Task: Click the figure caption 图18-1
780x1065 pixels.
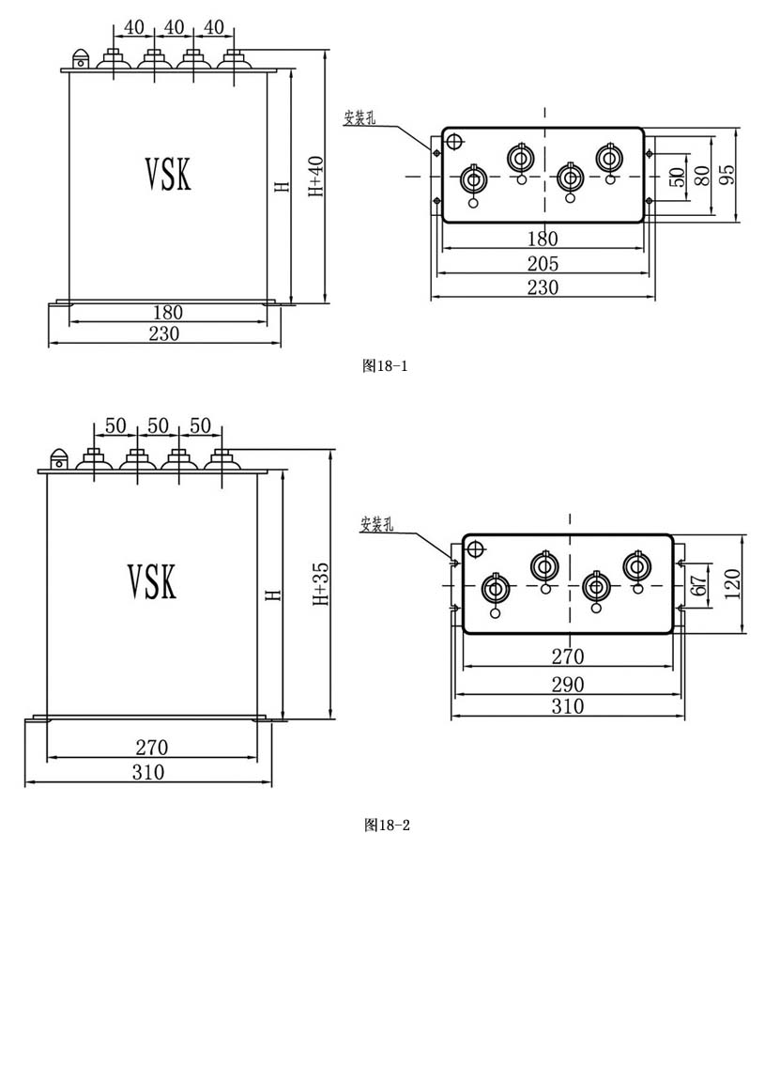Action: [385, 366]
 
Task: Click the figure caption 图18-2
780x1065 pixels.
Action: [387, 826]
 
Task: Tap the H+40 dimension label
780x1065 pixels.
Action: [316, 177]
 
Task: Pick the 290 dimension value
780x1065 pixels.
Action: [568, 684]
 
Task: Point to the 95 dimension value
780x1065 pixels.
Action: [726, 176]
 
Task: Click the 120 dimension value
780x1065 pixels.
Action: [732, 584]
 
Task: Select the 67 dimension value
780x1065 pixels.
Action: [699, 583]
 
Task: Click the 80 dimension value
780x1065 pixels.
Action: [702, 176]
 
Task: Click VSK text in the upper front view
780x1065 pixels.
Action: [168, 174]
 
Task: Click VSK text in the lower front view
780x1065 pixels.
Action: [151, 582]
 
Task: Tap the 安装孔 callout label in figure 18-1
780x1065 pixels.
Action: [359, 117]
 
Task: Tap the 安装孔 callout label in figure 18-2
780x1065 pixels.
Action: [376, 524]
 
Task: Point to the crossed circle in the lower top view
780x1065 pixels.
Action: [475, 548]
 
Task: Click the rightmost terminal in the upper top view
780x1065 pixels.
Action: [607, 159]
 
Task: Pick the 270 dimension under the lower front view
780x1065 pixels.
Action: [151, 748]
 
